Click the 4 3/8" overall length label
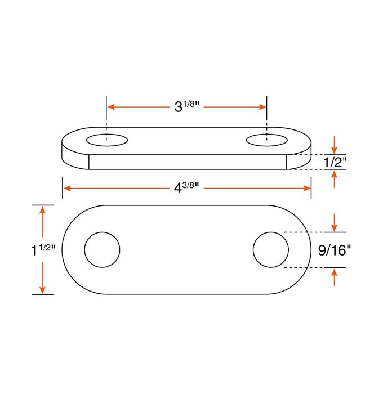[x=186, y=188]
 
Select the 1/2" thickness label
[x=335, y=163]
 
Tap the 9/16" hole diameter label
[x=334, y=250]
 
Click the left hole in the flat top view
[x=102, y=249]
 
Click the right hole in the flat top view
[x=271, y=249]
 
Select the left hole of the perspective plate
[x=106, y=140]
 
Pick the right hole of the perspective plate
[x=267, y=140]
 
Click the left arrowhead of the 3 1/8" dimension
[x=111, y=106]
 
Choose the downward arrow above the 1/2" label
[x=335, y=149]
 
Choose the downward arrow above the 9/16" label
[x=335, y=227]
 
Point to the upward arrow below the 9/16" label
[x=335, y=273]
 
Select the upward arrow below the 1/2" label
[x=335, y=174]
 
